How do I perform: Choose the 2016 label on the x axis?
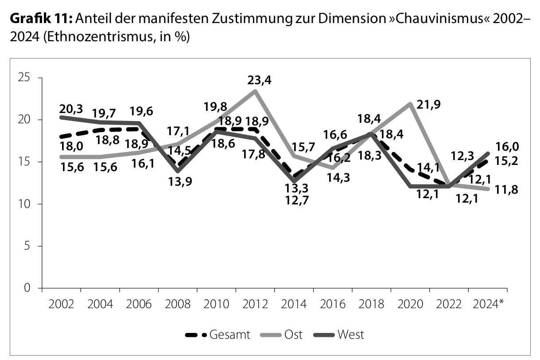pyautogui.click(x=332, y=305)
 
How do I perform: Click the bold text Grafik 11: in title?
pyautogui.click(x=41, y=19)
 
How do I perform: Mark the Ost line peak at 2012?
pyautogui.click(x=255, y=91)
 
